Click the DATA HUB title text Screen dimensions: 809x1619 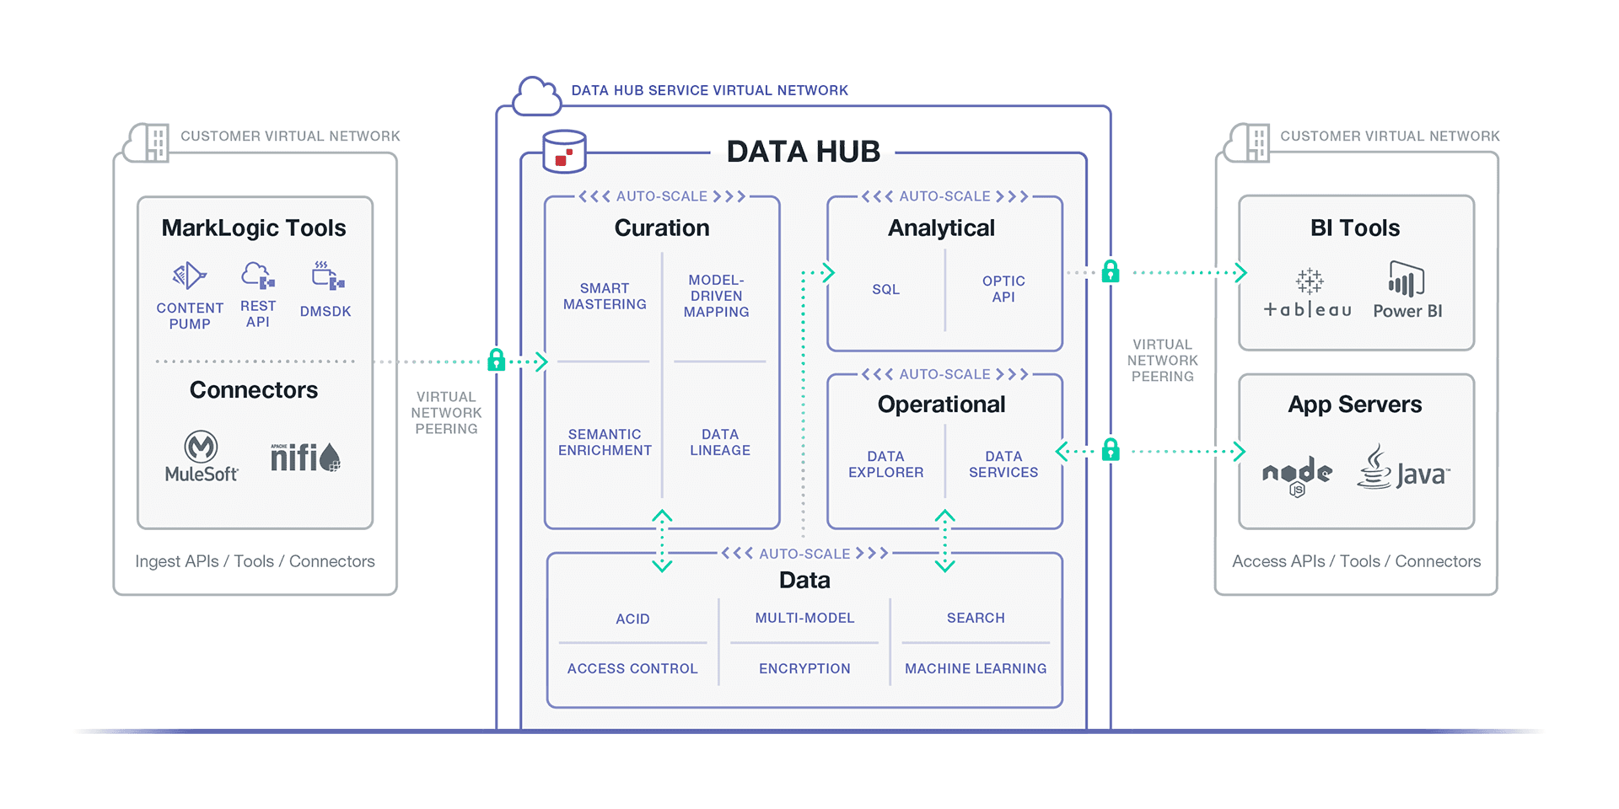click(x=803, y=152)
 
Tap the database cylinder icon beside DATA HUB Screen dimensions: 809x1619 click(x=564, y=152)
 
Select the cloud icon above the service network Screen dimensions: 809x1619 click(x=536, y=96)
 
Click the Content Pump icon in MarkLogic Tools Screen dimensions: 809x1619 click(x=190, y=276)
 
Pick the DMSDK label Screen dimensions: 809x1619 click(x=325, y=312)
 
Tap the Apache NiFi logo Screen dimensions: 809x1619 click(x=304, y=458)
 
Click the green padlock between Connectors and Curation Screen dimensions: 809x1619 click(x=497, y=361)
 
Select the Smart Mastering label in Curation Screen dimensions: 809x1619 click(x=605, y=296)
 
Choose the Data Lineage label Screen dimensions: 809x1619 click(x=719, y=442)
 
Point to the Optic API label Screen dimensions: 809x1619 click(x=1003, y=289)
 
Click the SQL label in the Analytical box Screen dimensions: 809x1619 click(x=885, y=289)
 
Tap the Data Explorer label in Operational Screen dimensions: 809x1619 click(x=885, y=464)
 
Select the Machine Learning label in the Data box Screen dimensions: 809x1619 click(x=976, y=668)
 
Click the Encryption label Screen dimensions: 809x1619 click(x=804, y=668)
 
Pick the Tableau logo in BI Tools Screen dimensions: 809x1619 click(x=1308, y=294)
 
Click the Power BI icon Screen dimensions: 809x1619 click(x=1406, y=279)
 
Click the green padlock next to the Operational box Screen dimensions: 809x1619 click(x=1111, y=450)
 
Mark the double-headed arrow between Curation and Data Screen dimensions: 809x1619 click(x=662, y=540)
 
